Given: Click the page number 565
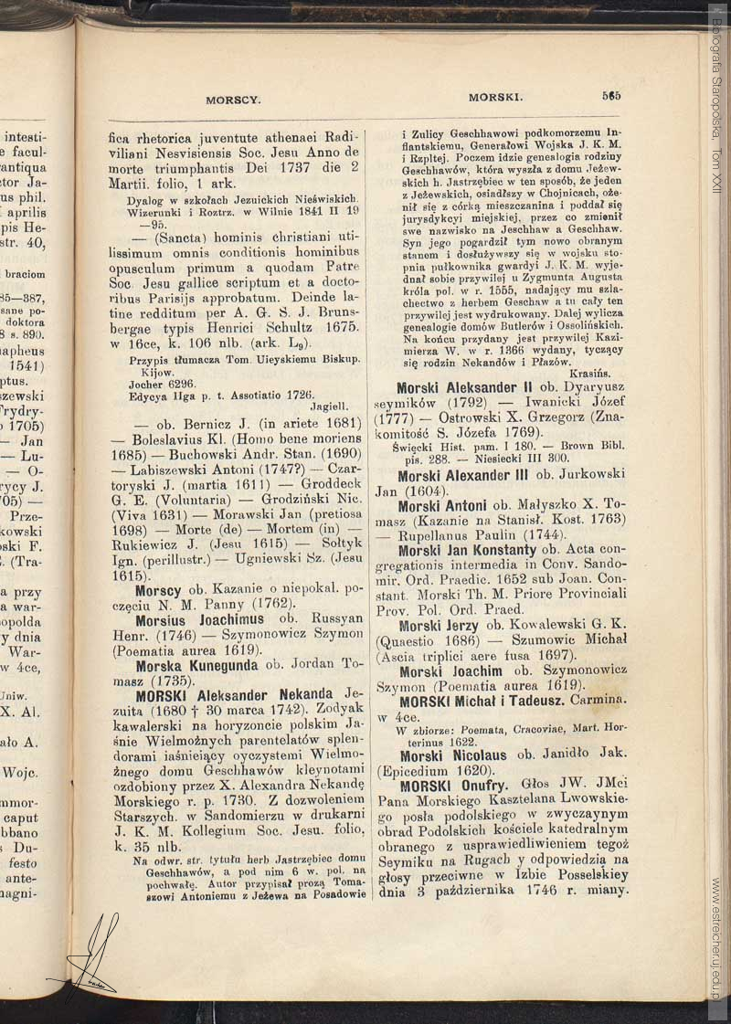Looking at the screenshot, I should [x=611, y=95].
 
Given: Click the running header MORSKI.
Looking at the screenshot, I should [x=495, y=96].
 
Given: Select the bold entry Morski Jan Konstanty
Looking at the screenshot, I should [x=467, y=550].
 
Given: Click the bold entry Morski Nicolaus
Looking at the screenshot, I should [x=454, y=755].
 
